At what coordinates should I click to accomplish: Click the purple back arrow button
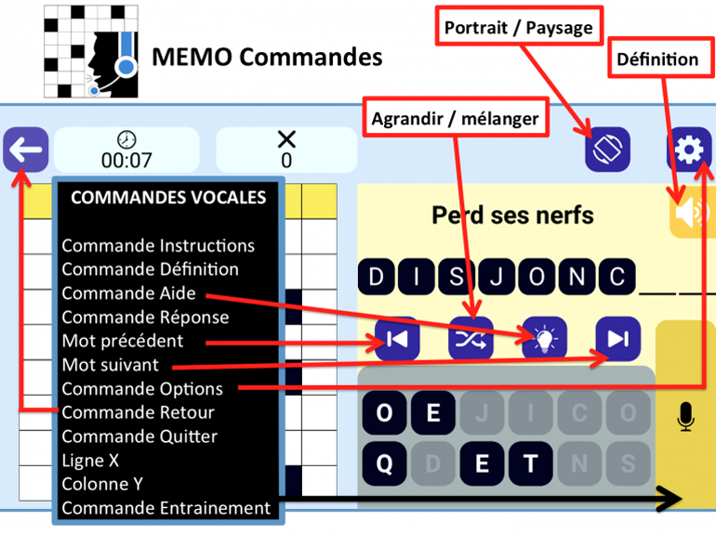(x=25, y=150)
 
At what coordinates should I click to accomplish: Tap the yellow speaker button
(x=690, y=214)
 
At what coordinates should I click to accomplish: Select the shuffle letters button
(x=471, y=339)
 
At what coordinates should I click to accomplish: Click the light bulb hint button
(x=545, y=339)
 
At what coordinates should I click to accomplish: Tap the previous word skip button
(x=397, y=339)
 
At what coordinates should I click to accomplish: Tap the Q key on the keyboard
(x=384, y=462)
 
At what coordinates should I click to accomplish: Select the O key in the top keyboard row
(x=384, y=413)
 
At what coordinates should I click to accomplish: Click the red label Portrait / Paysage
(x=517, y=28)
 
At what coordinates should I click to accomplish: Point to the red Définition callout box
(x=656, y=60)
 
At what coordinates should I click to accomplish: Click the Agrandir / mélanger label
(x=455, y=118)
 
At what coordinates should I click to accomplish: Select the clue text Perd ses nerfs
(x=512, y=215)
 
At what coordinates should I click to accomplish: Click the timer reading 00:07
(x=126, y=160)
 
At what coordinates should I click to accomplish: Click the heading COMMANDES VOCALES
(x=167, y=197)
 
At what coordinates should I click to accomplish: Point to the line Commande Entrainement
(x=166, y=508)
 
